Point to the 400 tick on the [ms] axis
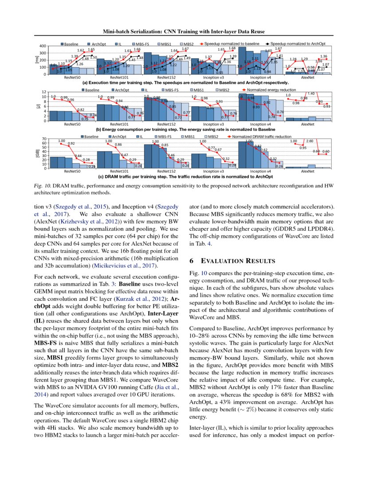tap(43, 46)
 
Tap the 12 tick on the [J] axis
tap(44, 92)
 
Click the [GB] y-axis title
tap(37, 153)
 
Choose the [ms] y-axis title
tap(37, 60)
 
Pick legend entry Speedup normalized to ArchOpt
tap(298, 44)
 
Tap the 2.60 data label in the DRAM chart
tap(310, 141)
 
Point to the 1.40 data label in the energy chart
tap(311, 94)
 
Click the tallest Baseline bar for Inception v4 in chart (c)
tap(243, 155)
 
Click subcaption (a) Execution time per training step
tap(186, 83)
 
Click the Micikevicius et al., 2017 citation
tap(116, 265)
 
